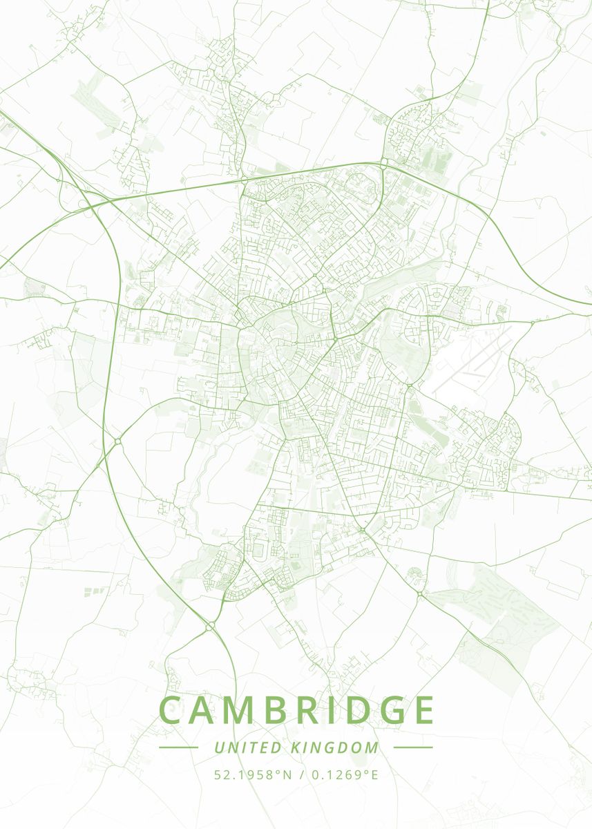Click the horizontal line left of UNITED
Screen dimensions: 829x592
pos(178,747)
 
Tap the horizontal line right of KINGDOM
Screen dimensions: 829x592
pos(413,747)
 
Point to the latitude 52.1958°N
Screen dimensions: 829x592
pos(251,774)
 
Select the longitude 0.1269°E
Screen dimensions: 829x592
pos(343,774)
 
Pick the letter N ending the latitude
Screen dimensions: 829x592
pos(288,774)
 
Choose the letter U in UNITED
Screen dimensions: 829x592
pos(219,747)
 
